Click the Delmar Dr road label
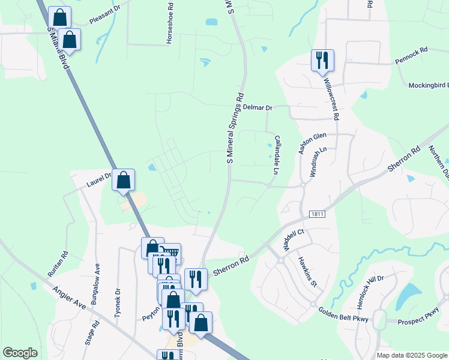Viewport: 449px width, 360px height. (258, 107)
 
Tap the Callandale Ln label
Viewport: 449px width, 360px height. (277, 154)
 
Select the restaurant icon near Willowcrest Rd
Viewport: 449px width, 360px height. (322, 60)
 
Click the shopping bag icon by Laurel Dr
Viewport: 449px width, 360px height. (123, 179)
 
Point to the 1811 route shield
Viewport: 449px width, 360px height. (317, 214)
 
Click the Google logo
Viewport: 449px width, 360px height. (20, 353)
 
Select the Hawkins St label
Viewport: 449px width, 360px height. (307, 272)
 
